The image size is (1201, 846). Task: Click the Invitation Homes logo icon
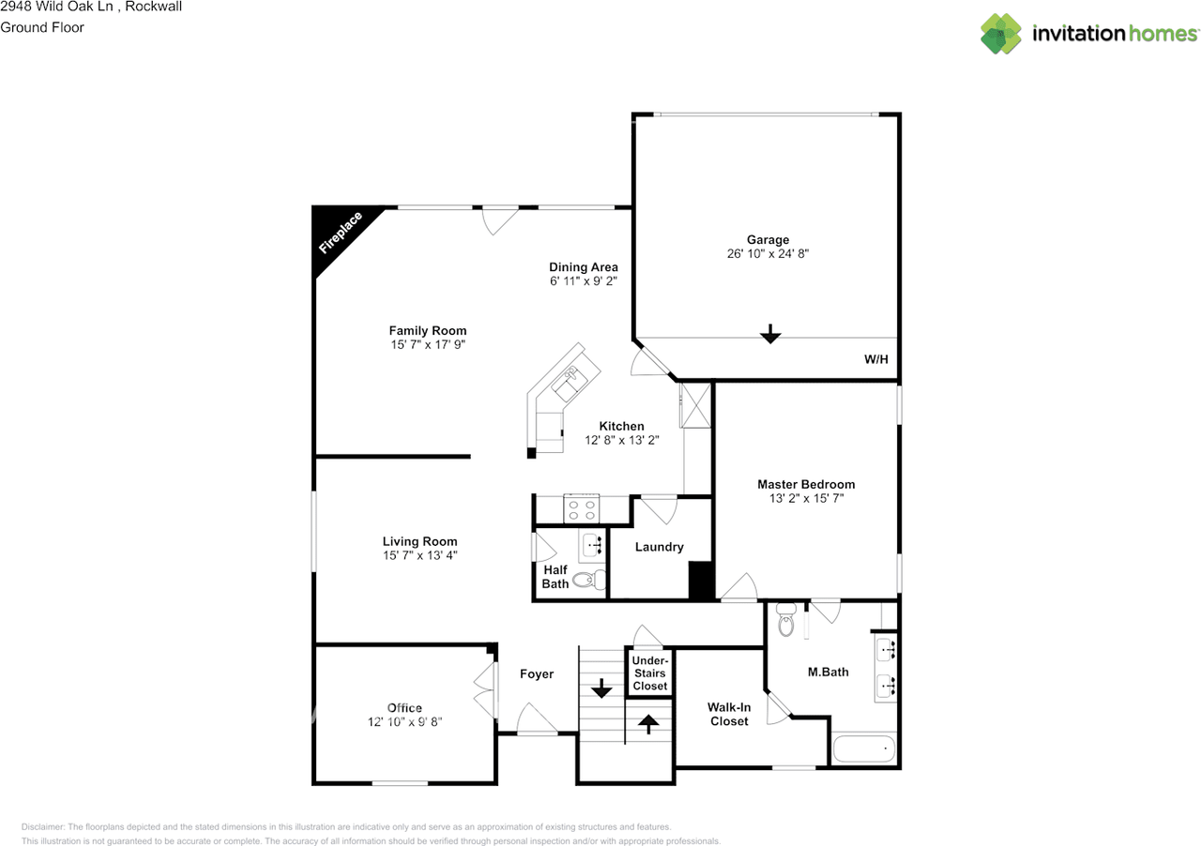(1001, 34)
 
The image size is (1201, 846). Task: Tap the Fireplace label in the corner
(341, 234)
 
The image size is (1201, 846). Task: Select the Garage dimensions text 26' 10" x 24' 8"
(768, 254)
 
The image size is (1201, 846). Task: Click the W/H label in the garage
(875, 359)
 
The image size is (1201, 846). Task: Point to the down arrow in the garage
(770, 333)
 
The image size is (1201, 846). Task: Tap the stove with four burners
(581, 509)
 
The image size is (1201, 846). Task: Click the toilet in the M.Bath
(786, 621)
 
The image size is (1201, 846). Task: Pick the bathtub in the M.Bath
(864, 750)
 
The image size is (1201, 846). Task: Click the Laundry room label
(659, 547)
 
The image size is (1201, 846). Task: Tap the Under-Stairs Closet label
(649, 673)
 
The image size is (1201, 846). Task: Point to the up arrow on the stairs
(648, 723)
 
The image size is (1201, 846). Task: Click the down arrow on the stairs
(600, 689)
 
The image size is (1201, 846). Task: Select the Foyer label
(537, 674)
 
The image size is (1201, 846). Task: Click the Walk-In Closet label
(729, 715)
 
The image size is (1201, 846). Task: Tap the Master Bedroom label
(806, 485)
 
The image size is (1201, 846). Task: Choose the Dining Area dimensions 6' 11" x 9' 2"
(584, 281)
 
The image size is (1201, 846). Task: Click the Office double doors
(485, 690)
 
